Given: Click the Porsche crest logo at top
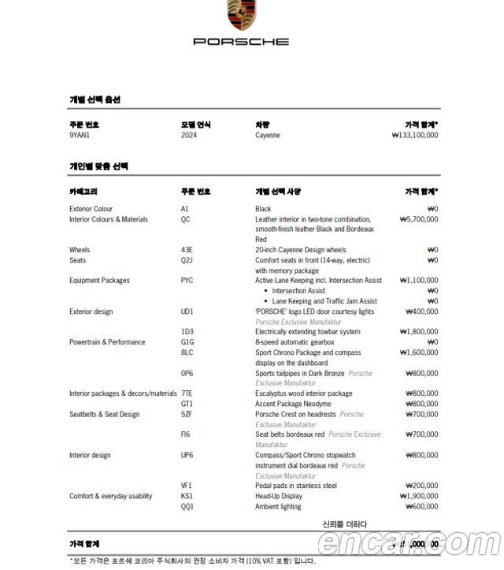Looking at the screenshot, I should [x=240, y=14].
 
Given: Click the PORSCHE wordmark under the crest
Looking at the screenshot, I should [x=240, y=41].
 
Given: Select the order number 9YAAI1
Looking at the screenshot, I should [x=80, y=135].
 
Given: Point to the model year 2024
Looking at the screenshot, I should [x=189, y=135].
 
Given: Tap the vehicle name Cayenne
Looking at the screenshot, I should [x=267, y=135].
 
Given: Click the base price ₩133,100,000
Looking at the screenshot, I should [x=415, y=135].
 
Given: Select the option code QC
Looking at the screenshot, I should [x=185, y=219].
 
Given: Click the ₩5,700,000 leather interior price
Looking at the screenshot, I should [x=419, y=219].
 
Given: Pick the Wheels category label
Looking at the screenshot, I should [x=80, y=250].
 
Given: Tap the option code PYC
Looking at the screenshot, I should [x=187, y=281].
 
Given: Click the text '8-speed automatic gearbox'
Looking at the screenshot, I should [x=296, y=342].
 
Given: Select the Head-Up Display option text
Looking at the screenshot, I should [x=278, y=496].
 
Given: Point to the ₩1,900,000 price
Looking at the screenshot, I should [x=419, y=496].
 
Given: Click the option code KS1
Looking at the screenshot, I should [x=187, y=496].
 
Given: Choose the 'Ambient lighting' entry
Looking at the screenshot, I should [x=278, y=506].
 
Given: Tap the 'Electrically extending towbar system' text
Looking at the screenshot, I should [x=307, y=332].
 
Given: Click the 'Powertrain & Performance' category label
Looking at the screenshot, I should [x=107, y=342].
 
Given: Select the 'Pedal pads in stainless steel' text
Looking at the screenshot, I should [x=295, y=486].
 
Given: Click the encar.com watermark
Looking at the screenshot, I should [x=409, y=543].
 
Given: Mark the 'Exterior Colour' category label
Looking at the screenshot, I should [x=91, y=209].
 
